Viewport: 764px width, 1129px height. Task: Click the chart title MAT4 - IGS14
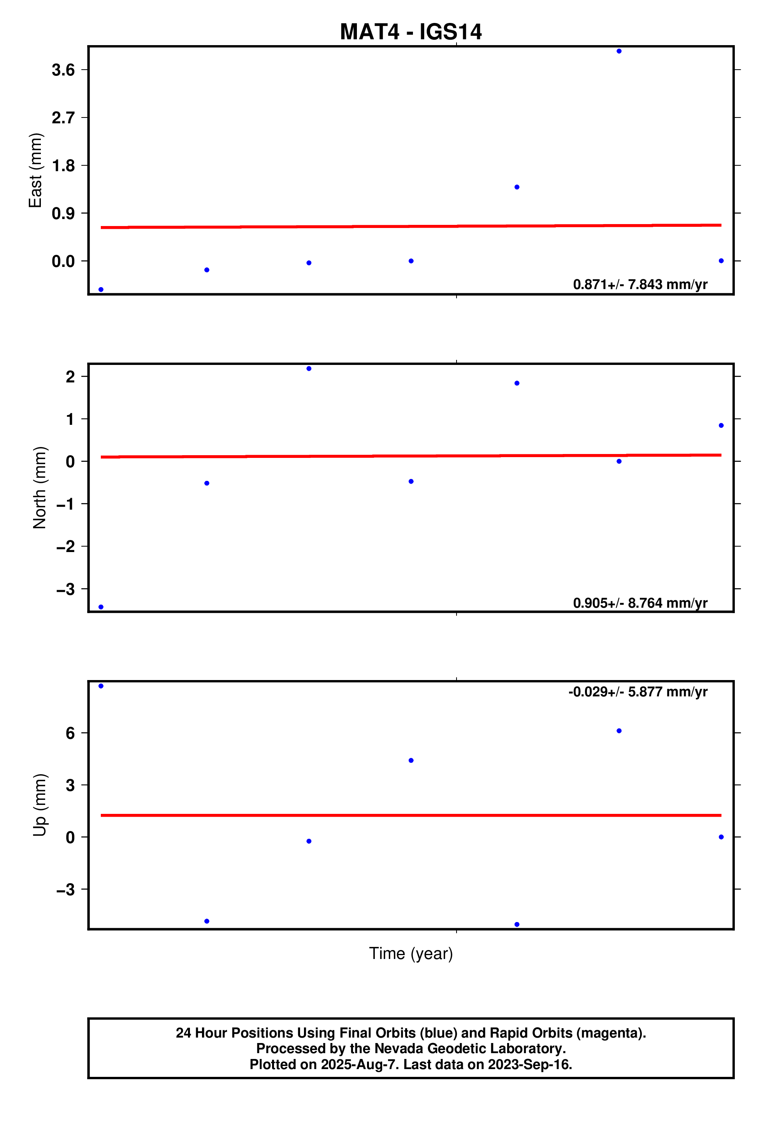click(411, 32)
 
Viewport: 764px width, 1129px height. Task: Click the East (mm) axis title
click(35, 170)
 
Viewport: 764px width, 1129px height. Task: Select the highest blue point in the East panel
click(619, 51)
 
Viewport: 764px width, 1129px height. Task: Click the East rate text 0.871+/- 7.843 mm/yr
click(640, 284)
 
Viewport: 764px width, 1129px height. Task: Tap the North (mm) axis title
click(39, 487)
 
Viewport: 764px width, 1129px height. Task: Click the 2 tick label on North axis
click(70, 377)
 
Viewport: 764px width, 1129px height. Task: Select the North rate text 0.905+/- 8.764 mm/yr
click(640, 603)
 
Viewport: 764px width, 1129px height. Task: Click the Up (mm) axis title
click(39, 805)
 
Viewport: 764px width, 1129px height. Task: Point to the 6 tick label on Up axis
click(70, 733)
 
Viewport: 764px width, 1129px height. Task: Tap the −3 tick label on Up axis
click(66, 889)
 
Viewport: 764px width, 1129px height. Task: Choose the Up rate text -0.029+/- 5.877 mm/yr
click(638, 692)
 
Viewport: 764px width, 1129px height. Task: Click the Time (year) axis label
click(411, 953)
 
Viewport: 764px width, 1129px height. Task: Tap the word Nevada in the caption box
click(398, 1048)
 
